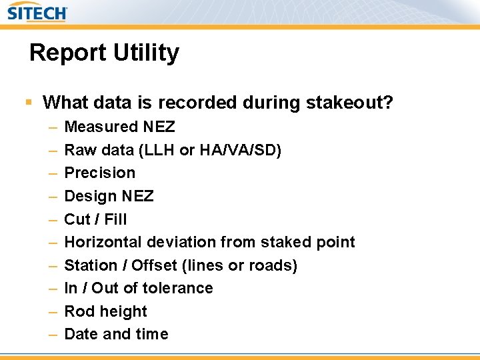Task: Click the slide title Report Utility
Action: pos(104,53)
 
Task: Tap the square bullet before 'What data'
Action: pos(28,103)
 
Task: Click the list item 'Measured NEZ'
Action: pos(119,127)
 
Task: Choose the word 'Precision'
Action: pos(99,173)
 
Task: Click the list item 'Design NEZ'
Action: pos(109,196)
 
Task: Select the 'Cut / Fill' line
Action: pos(95,219)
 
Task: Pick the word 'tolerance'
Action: pos(179,288)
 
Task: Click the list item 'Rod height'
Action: pos(105,311)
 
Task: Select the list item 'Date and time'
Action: pos(116,334)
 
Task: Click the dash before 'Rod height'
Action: pos(53,311)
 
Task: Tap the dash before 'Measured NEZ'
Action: pos(53,127)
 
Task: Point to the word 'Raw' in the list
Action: pos(79,150)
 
